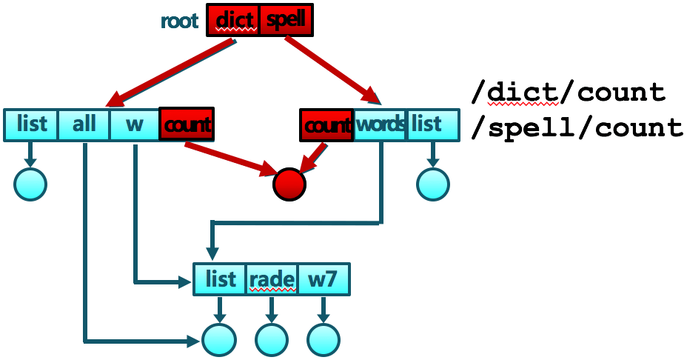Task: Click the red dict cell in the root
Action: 233,20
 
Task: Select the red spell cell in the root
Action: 286,20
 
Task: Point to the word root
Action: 180,21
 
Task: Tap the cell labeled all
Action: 84,124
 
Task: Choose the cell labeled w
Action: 134,124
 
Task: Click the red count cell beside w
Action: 186,124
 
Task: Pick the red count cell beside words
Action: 326,124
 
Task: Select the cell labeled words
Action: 381,124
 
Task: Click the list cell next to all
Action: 31,124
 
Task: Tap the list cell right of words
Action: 427,124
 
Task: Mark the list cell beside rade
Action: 220,280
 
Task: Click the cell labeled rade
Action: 272,280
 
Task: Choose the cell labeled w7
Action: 323,280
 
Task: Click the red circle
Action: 289,184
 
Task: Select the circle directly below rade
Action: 272,340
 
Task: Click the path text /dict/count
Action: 569,93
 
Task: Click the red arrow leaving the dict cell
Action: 171,73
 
